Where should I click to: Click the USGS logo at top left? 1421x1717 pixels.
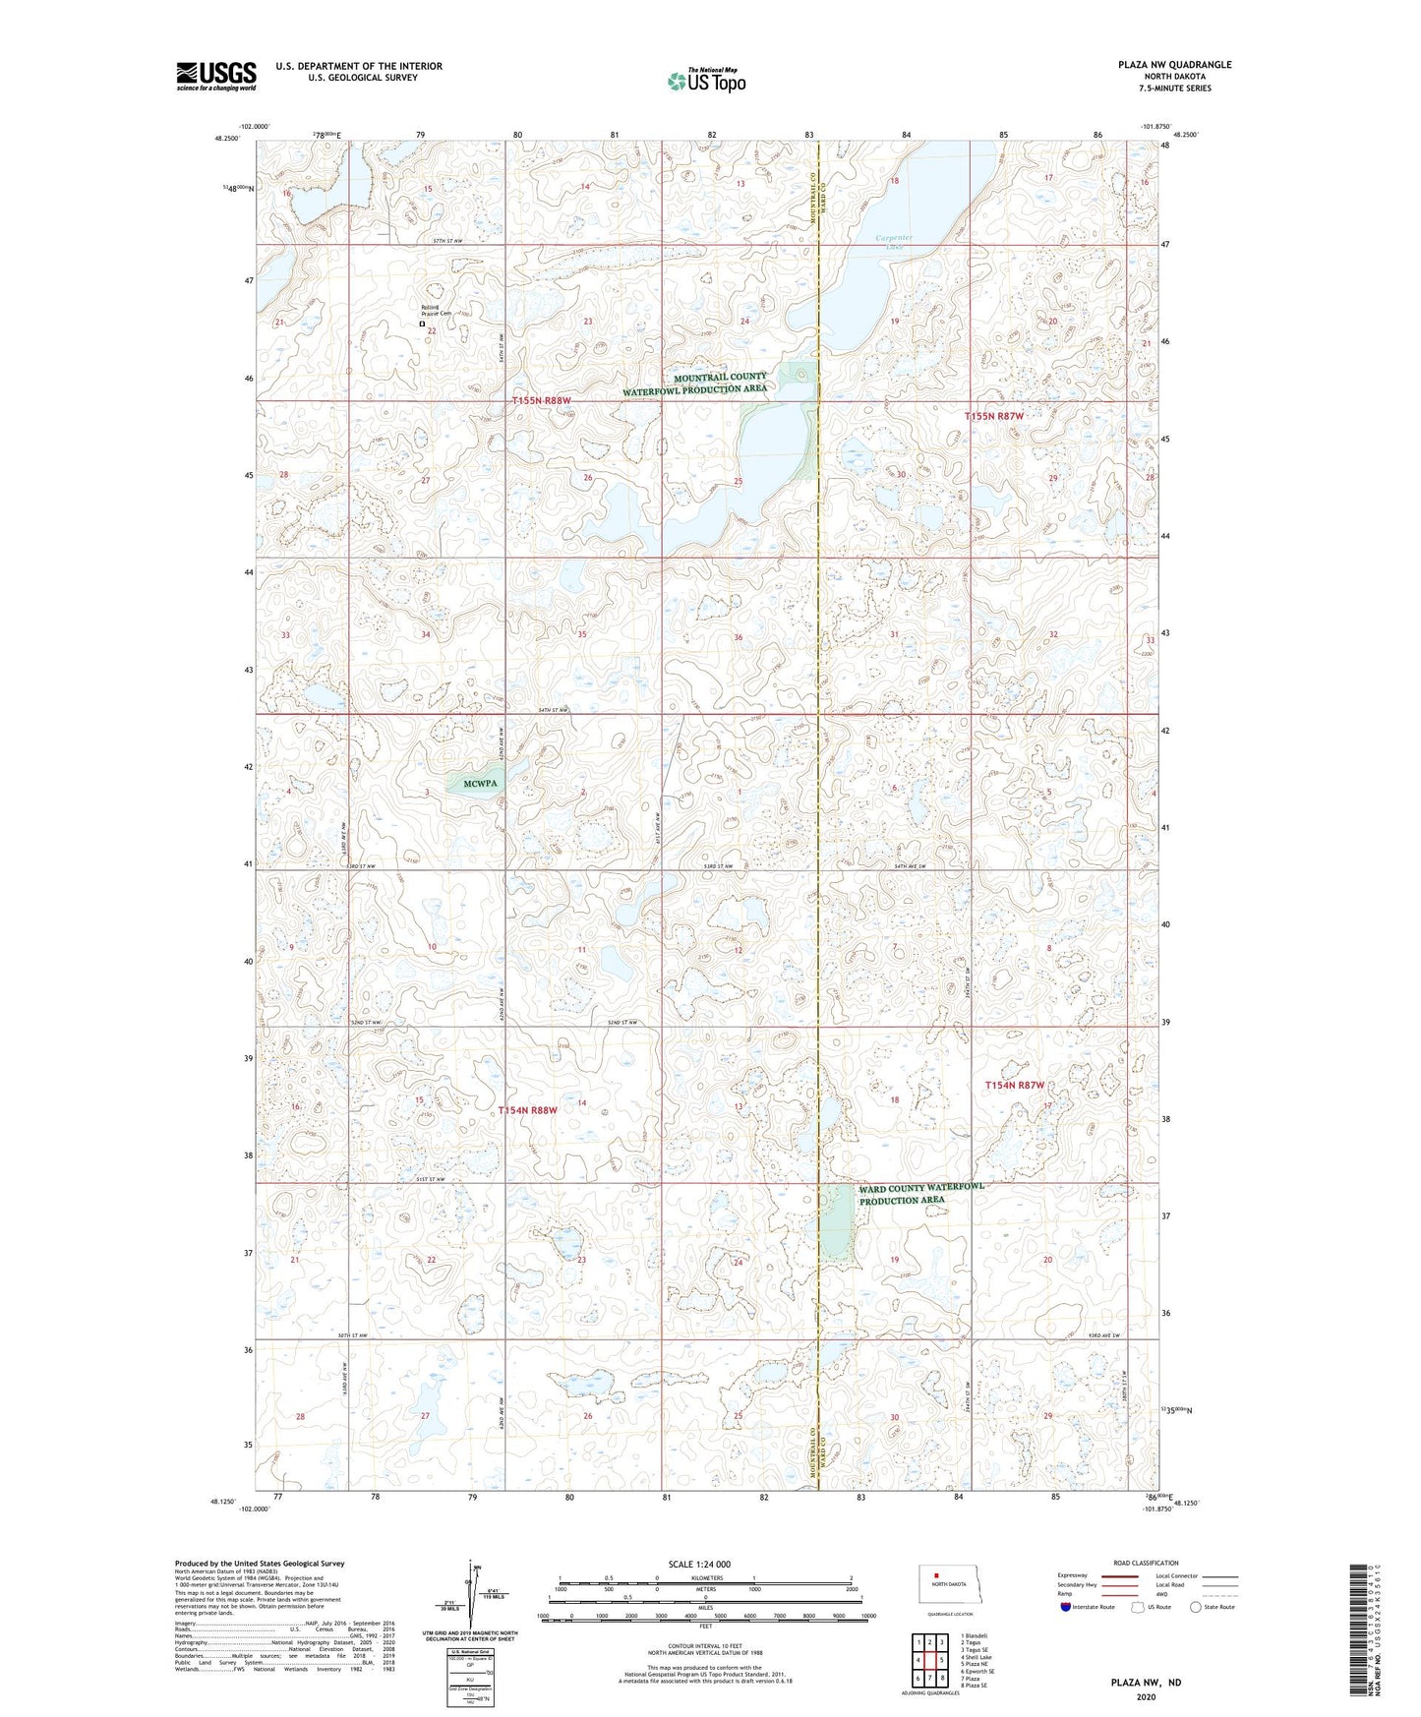pyautogui.click(x=215, y=76)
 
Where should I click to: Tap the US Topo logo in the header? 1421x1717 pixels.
pyautogui.click(x=705, y=81)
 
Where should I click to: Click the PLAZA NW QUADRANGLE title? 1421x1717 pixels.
pyautogui.click(x=1174, y=65)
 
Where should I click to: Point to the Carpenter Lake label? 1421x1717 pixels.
pyautogui.click(x=894, y=242)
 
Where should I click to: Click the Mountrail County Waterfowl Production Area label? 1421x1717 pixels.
pyautogui.click(x=694, y=383)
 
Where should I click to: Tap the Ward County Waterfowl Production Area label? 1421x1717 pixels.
pyautogui.click(x=920, y=1193)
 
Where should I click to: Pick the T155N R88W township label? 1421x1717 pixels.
pyautogui.click(x=541, y=400)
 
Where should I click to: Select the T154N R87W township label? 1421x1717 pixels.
pyautogui.click(x=1014, y=1086)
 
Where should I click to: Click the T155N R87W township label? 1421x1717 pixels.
pyautogui.click(x=993, y=417)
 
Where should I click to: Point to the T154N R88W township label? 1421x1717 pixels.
pyautogui.click(x=527, y=1110)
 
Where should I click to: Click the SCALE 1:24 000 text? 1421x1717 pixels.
pyautogui.click(x=699, y=1565)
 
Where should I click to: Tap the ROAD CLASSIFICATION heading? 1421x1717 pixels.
pyautogui.click(x=1146, y=1563)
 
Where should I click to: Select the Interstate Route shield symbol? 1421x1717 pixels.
pyautogui.click(x=1067, y=1607)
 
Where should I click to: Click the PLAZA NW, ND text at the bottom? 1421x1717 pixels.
pyautogui.click(x=1146, y=1683)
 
